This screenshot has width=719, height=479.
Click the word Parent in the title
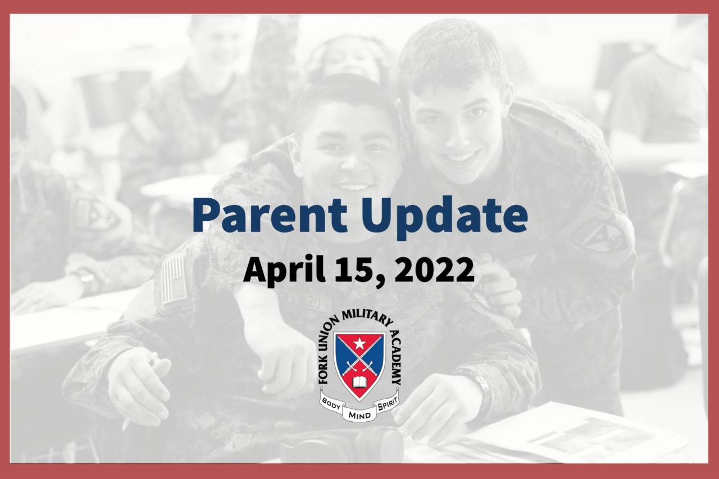point(270,215)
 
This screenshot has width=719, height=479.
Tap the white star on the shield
point(359,344)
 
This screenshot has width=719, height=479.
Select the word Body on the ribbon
point(331,404)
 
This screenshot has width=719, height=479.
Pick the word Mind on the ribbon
point(359,416)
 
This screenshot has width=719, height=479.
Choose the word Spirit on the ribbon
point(388,404)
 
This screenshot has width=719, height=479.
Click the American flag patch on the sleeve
point(174,279)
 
